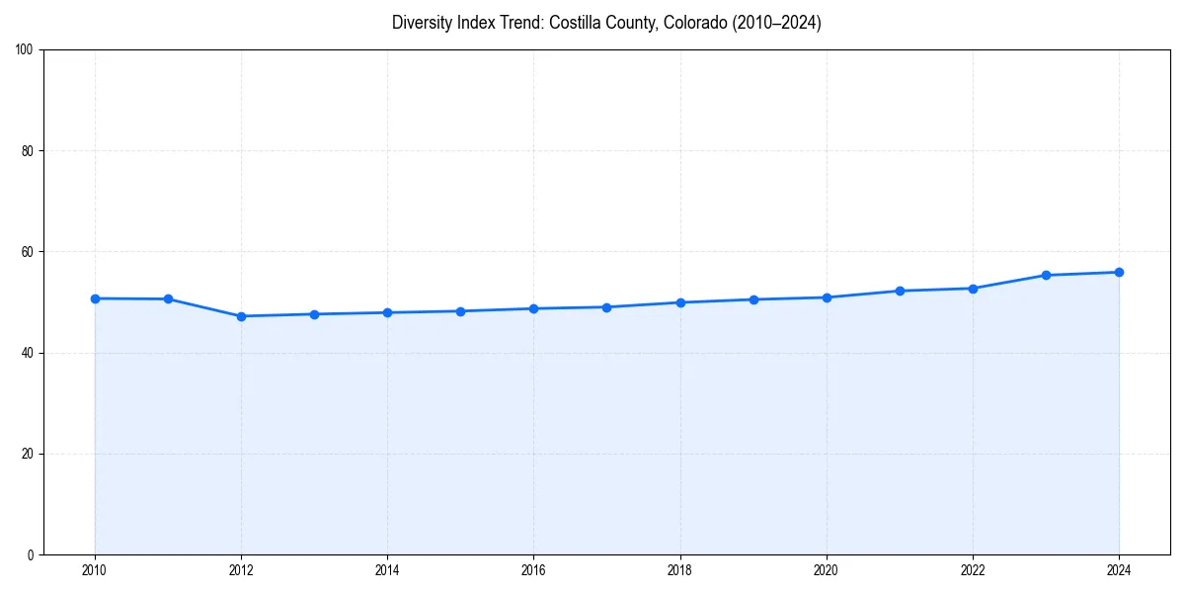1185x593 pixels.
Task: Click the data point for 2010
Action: pyautogui.click(x=95, y=298)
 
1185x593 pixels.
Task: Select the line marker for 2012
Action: pyautogui.click(x=241, y=316)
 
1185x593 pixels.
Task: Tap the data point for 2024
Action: pyautogui.click(x=1119, y=272)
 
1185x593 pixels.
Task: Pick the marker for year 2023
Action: pyautogui.click(x=1046, y=275)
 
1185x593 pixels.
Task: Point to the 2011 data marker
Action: pyautogui.click(x=168, y=298)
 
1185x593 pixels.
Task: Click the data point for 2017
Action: pyautogui.click(x=606, y=307)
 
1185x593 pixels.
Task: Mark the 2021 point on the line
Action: pyautogui.click(x=900, y=291)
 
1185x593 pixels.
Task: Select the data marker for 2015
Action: pyautogui.click(x=460, y=311)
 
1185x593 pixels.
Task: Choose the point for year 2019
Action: pyautogui.click(x=753, y=299)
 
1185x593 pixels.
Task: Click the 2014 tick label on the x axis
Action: pyautogui.click(x=387, y=569)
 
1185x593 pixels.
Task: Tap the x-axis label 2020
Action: pyautogui.click(x=827, y=569)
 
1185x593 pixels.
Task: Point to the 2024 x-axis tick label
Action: pyautogui.click(x=1119, y=569)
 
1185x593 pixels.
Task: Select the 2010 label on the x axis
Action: pyautogui.click(x=95, y=569)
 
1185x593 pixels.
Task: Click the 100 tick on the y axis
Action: pyautogui.click(x=25, y=50)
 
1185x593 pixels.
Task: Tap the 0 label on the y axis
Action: pyautogui.click(x=31, y=554)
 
